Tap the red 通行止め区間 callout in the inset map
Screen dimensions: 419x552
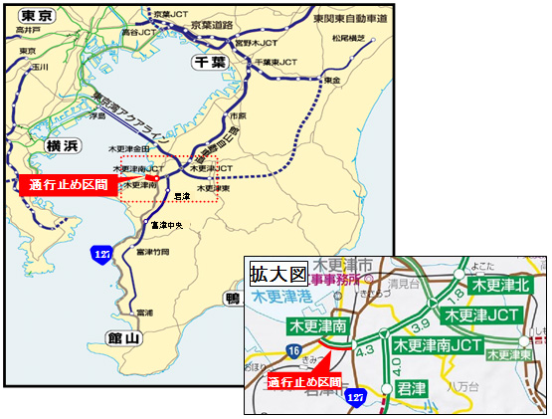click(304, 380)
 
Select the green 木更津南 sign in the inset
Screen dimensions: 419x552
click(316, 325)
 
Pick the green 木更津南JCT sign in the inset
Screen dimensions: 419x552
click(438, 344)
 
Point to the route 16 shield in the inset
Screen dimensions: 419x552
click(296, 350)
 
